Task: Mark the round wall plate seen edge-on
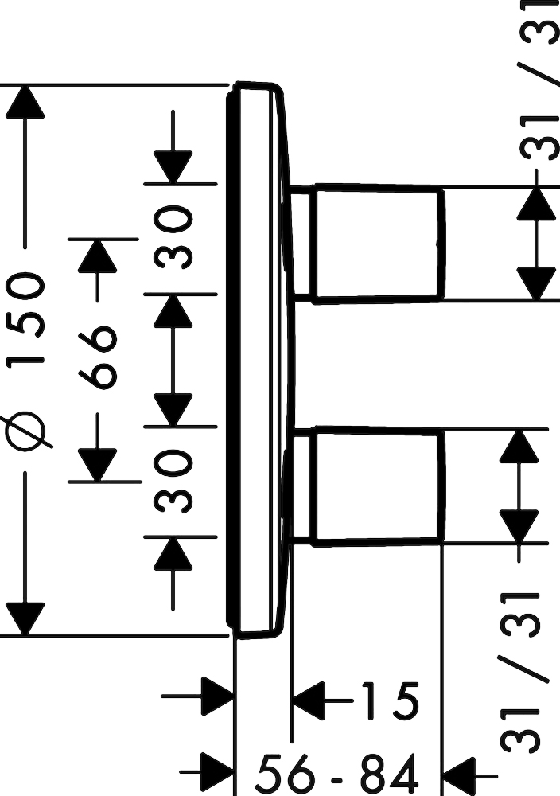pos(259,358)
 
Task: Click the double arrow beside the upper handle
pos(536,244)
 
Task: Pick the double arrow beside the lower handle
pos(519,486)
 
